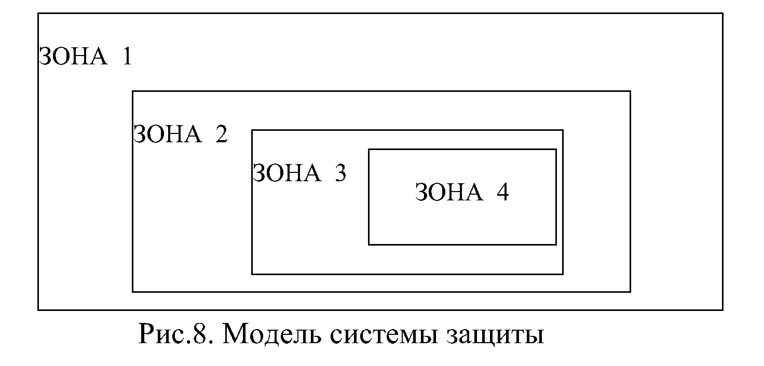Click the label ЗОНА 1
pyautogui.click(x=86, y=56)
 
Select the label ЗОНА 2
pyautogui.click(x=181, y=135)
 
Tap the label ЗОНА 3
pyautogui.click(x=299, y=173)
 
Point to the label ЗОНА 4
pyautogui.click(x=462, y=193)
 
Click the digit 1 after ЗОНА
pyautogui.click(x=126, y=56)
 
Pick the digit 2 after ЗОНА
pyautogui.click(x=221, y=135)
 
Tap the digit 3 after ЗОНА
pyautogui.click(x=340, y=173)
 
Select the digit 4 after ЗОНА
pyautogui.click(x=502, y=193)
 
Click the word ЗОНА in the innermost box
pyautogui.click(x=448, y=193)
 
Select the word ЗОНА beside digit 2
pyautogui.click(x=167, y=135)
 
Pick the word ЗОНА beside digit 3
pyautogui.click(x=286, y=173)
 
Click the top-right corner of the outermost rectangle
pyautogui.click(x=722, y=13)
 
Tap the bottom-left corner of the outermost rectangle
pyautogui.click(x=38, y=310)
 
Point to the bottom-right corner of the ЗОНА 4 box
pyautogui.click(x=556, y=244)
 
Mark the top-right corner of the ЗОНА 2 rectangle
pyautogui.click(x=630, y=91)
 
